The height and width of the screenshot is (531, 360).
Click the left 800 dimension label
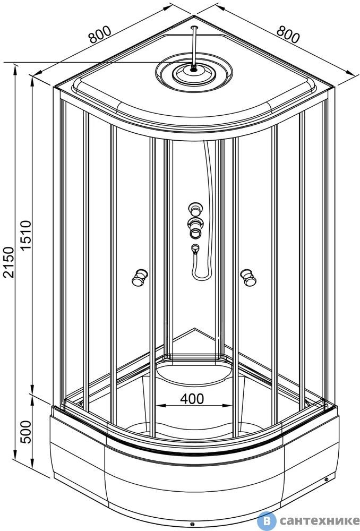click(100, 34)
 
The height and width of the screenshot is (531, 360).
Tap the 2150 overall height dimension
click(8, 262)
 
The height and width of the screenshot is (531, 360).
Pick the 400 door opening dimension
click(192, 399)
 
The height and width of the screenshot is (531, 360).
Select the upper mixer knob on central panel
click(195, 209)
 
